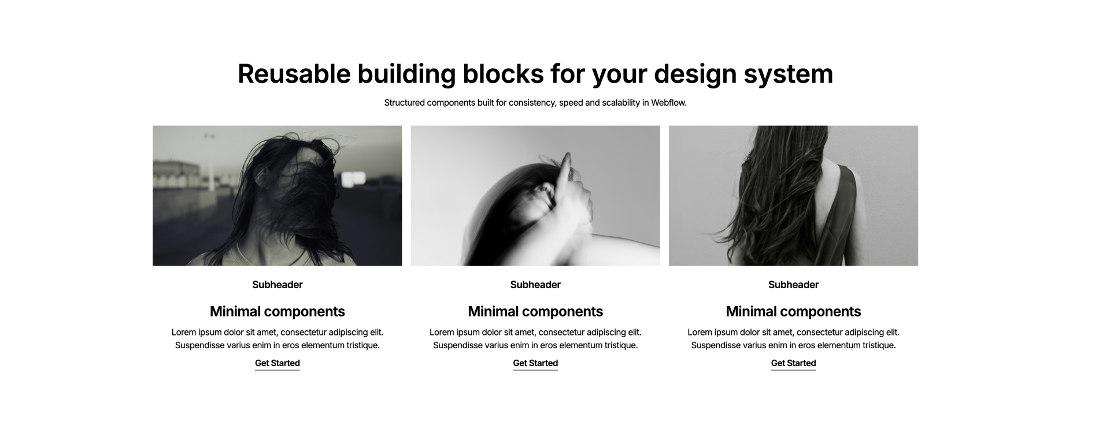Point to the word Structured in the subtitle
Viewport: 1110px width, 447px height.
point(404,103)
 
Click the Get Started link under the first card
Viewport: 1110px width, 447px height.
point(277,363)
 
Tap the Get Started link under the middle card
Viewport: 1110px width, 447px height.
point(535,363)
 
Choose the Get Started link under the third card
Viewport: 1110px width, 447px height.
point(793,363)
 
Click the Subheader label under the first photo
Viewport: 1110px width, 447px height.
point(277,285)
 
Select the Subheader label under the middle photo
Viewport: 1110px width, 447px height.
point(535,285)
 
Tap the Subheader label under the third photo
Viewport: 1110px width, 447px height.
point(793,285)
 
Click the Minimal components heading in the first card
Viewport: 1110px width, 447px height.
point(277,312)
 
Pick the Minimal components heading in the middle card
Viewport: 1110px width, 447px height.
point(535,312)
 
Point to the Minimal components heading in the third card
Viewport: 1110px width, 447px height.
point(793,312)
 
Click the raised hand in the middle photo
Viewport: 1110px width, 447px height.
point(572,191)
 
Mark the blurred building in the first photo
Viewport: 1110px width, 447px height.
point(176,176)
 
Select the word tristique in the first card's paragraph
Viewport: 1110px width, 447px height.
point(362,346)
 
